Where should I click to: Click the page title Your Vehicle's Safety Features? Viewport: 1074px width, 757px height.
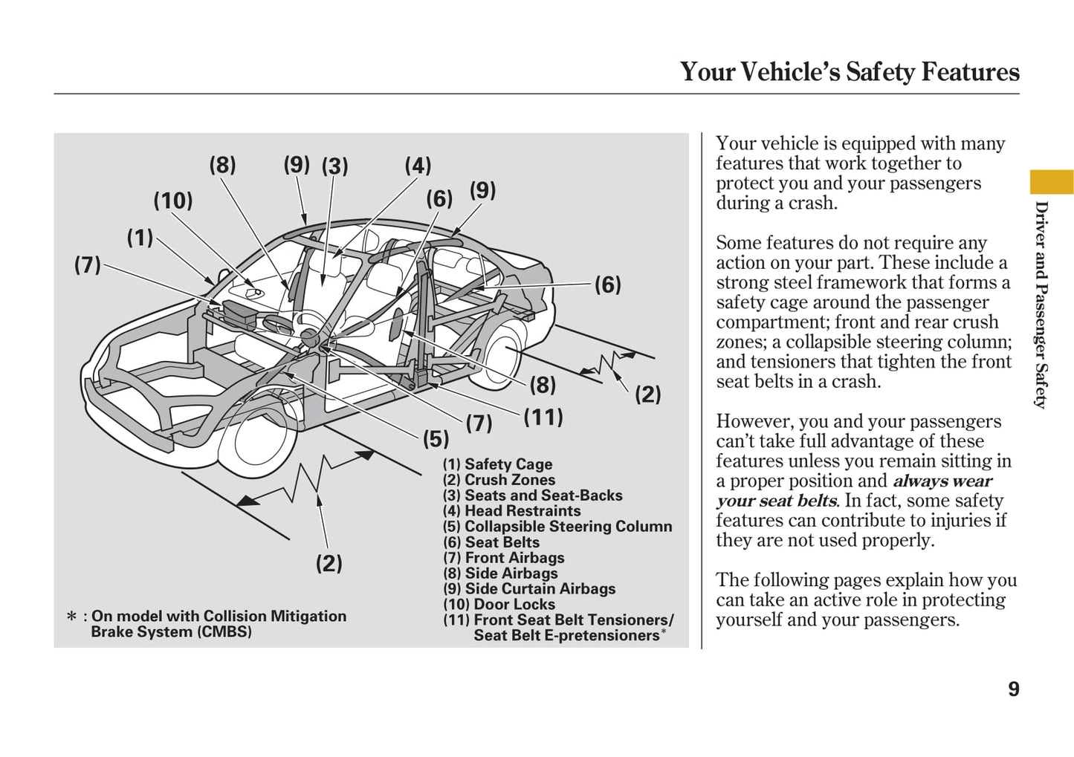click(x=849, y=72)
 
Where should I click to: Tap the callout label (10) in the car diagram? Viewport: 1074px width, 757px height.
click(x=173, y=201)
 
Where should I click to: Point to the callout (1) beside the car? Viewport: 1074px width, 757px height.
click(x=140, y=238)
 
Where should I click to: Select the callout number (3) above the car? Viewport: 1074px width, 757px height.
click(x=334, y=166)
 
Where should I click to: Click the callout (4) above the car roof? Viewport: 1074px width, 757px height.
click(x=418, y=166)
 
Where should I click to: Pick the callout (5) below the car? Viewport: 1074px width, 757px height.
click(x=436, y=439)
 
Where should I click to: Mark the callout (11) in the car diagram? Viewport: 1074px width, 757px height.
click(x=543, y=417)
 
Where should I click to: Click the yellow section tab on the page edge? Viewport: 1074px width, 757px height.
click(x=1051, y=181)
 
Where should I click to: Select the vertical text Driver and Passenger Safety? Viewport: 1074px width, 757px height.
click(x=1041, y=305)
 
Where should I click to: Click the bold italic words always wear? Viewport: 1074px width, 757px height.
click(x=942, y=481)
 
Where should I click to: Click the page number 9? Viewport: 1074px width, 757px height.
click(x=1013, y=689)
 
